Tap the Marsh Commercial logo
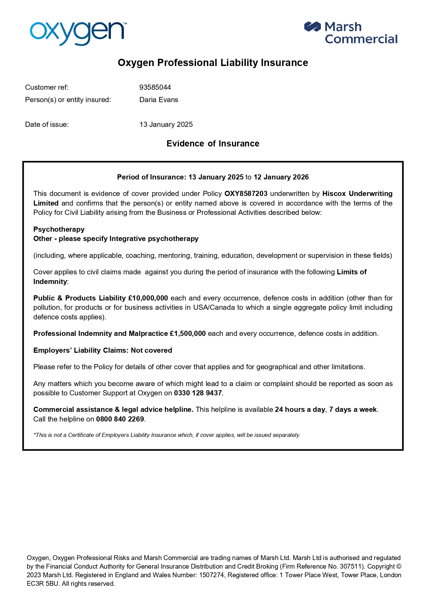click(x=350, y=33)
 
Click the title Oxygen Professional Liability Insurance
click(x=213, y=63)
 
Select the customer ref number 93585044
click(x=155, y=87)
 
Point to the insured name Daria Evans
click(x=159, y=100)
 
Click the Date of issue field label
click(x=47, y=124)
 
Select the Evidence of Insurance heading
click(x=213, y=143)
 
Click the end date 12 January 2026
click(x=281, y=177)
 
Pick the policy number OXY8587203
click(x=246, y=194)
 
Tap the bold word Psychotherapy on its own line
click(x=59, y=229)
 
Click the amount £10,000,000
click(x=148, y=298)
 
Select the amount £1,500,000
click(x=188, y=333)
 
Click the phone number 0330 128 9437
click(x=198, y=393)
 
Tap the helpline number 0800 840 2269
click(x=120, y=419)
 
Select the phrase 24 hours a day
click(x=300, y=409)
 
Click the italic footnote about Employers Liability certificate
click(x=167, y=435)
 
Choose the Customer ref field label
click(x=47, y=87)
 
